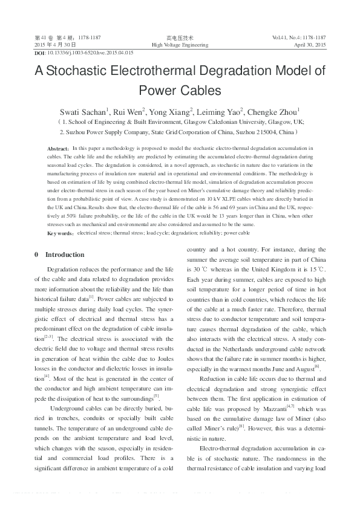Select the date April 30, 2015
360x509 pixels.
310,45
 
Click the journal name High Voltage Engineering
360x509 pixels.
180,45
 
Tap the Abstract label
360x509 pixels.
58,148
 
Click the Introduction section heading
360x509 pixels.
65,254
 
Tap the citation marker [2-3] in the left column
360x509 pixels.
49,336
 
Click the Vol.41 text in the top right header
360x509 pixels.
283,37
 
